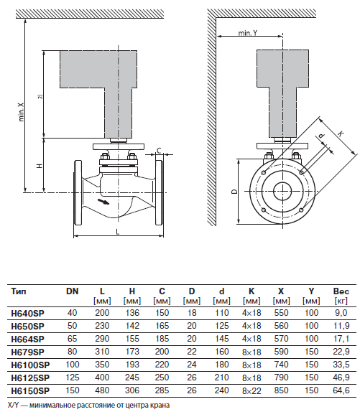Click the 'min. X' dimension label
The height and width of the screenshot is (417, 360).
(x=22, y=112)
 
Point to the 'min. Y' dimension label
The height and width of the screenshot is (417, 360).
(x=248, y=33)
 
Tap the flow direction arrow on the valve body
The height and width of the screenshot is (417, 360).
(x=103, y=202)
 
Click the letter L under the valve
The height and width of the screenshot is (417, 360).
(x=118, y=232)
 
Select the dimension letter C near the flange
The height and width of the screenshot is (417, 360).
(x=160, y=151)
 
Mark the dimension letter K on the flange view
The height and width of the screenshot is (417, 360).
(x=341, y=133)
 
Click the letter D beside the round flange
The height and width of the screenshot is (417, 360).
(x=234, y=191)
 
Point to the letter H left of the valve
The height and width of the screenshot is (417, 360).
(x=40, y=166)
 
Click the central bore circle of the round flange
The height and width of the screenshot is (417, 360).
(x=282, y=191)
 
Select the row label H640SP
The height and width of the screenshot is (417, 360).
(x=27, y=313)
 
